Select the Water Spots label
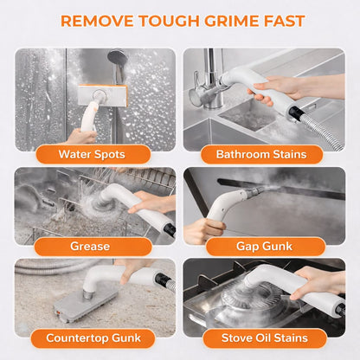[92, 154]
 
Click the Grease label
[90, 247]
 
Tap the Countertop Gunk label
[93, 338]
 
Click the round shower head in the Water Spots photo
[118, 58]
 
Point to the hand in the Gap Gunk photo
[202, 230]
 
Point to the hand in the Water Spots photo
[81, 136]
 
